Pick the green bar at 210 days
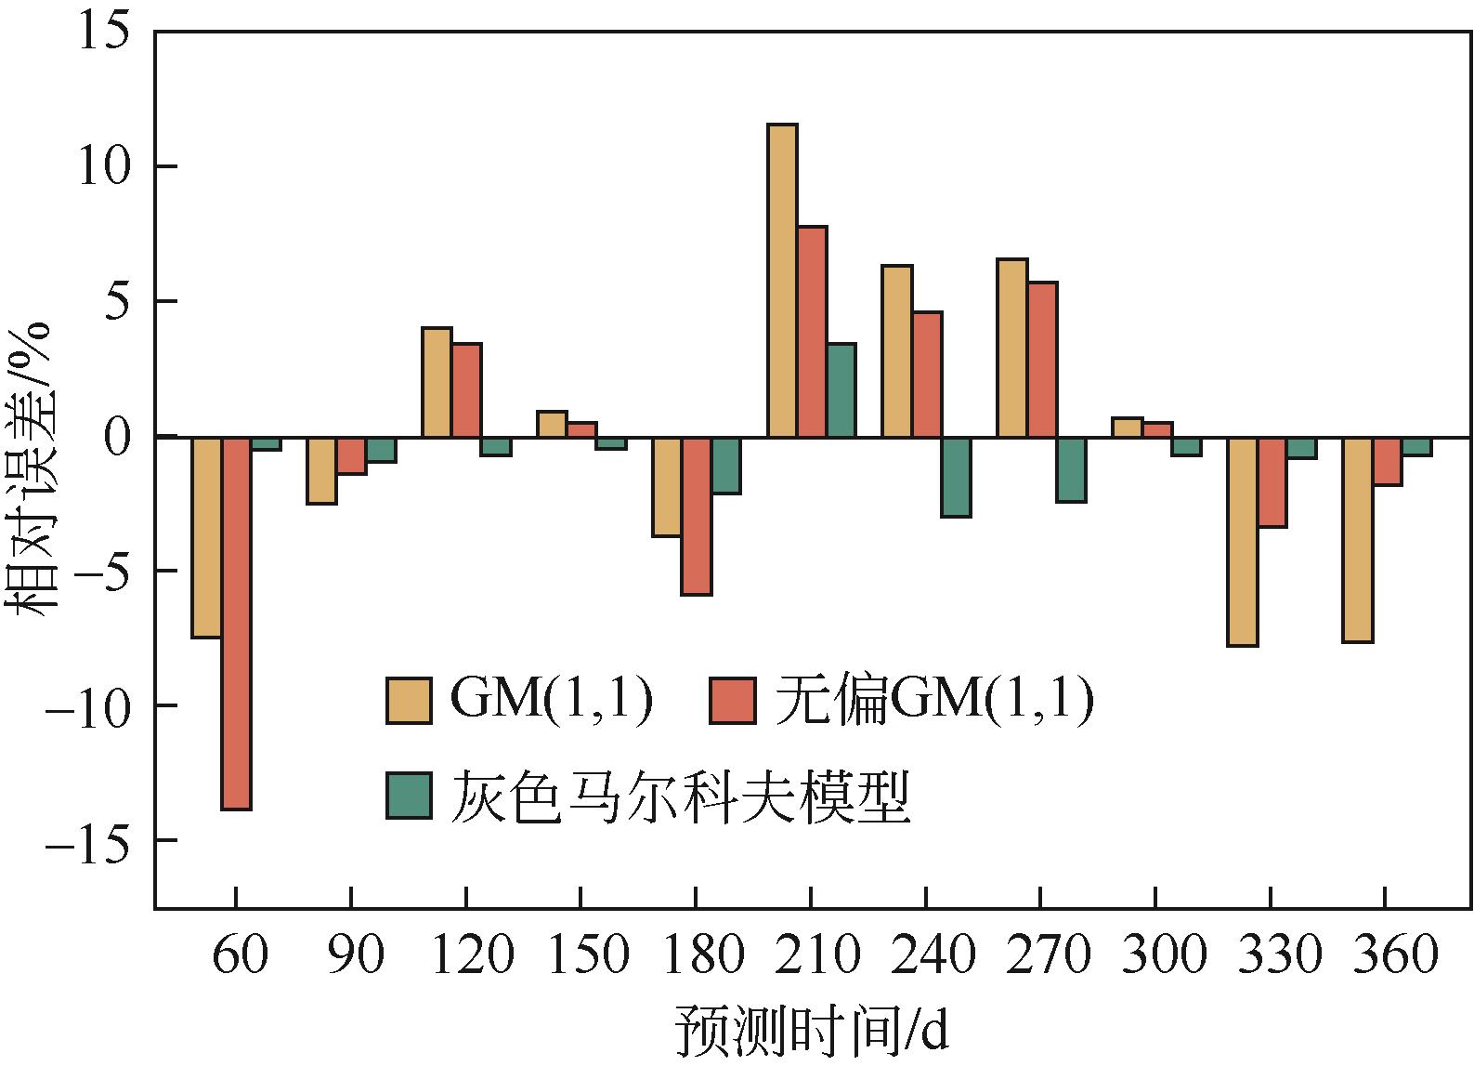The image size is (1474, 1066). click(x=841, y=390)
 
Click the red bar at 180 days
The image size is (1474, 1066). click(x=697, y=515)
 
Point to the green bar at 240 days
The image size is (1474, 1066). click(x=956, y=476)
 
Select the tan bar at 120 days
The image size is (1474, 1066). click(x=437, y=382)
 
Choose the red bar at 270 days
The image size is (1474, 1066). click(x=1042, y=360)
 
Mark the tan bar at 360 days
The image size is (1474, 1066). click(x=1357, y=539)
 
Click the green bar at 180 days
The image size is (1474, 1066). click(x=726, y=465)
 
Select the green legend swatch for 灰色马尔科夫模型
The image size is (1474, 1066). click(x=410, y=796)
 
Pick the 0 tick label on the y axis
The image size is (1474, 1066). click(x=116, y=437)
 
